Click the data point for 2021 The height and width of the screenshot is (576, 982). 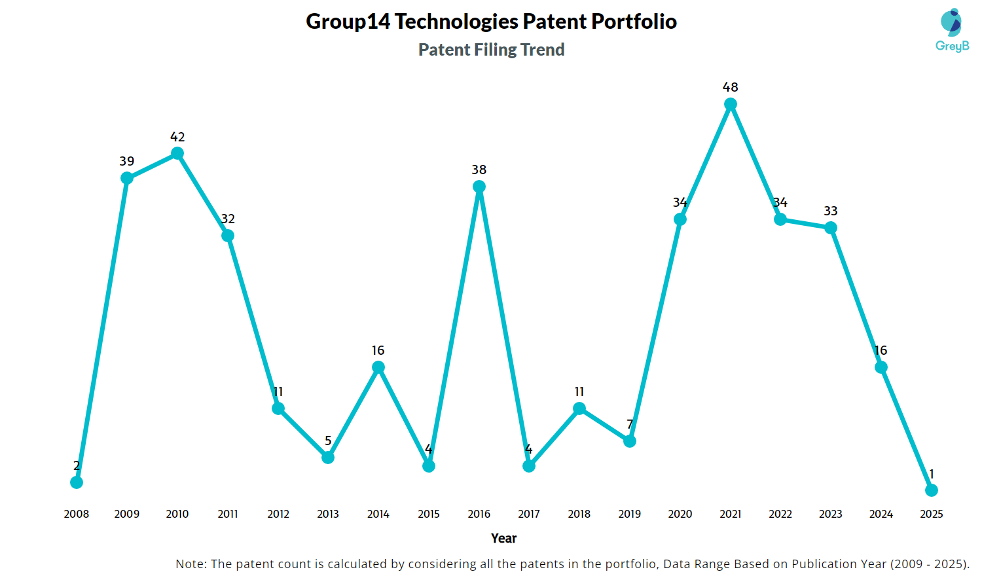(731, 104)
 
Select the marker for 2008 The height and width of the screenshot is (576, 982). (77, 482)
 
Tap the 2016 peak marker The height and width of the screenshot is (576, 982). (479, 187)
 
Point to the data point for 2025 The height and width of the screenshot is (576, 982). (932, 490)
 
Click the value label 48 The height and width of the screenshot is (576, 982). (731, 87)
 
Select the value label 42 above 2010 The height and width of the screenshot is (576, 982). (177, 137)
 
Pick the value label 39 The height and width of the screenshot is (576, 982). (127, 161)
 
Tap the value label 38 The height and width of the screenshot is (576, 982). (479, 170)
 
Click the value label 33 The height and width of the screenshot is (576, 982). (831, 211)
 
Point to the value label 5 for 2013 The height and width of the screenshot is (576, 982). (328, 441)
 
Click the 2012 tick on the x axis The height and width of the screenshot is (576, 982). (278, 514)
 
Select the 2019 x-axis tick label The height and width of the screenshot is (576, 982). (630, 514)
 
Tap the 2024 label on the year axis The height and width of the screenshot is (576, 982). (881, 514)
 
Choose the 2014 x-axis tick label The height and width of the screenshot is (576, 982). (378, 514)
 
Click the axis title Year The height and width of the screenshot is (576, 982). (504, 538)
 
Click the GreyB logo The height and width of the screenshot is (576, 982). (952, 30)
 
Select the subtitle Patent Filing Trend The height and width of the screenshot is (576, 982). (492, 50)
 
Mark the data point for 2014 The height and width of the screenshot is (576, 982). (378, 367)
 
